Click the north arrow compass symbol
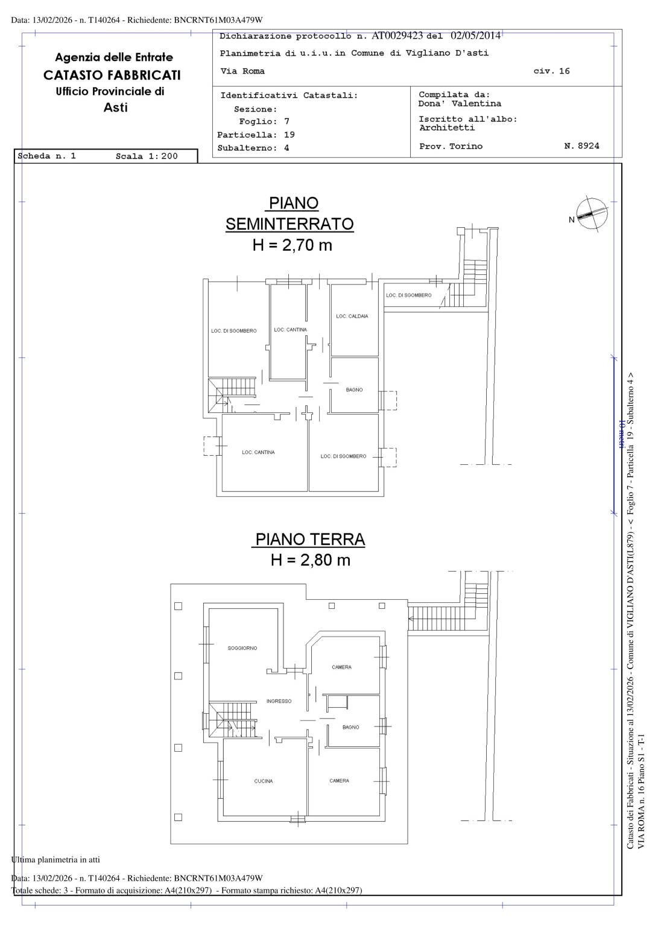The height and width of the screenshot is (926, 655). point(592,213)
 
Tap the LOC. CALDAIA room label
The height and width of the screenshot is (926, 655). point(352,317)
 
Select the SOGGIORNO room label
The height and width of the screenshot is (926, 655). point(242,648)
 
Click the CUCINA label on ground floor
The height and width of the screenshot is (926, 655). point(263,781)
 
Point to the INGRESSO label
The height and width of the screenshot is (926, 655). point(279,701)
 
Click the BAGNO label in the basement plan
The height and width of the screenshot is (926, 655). point(354,390)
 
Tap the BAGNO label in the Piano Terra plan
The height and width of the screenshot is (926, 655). point(350,728)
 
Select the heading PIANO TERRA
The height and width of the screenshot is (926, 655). point(308,539)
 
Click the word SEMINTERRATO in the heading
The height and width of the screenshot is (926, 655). point(290,224)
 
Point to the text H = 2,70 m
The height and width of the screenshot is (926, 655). point(292,245)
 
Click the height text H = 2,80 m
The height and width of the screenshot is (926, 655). point(310,560)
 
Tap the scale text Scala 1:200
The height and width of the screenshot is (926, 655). point(147,156)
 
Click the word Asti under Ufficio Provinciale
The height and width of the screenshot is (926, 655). point(115,107)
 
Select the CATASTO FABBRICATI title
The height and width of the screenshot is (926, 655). point(112,75)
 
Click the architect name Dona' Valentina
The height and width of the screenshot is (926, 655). point(460,104)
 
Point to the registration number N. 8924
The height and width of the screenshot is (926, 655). point(581,146)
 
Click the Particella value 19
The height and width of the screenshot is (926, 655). point(289,135)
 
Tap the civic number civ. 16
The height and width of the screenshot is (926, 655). point(551,71)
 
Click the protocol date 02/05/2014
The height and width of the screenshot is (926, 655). point(475,36)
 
